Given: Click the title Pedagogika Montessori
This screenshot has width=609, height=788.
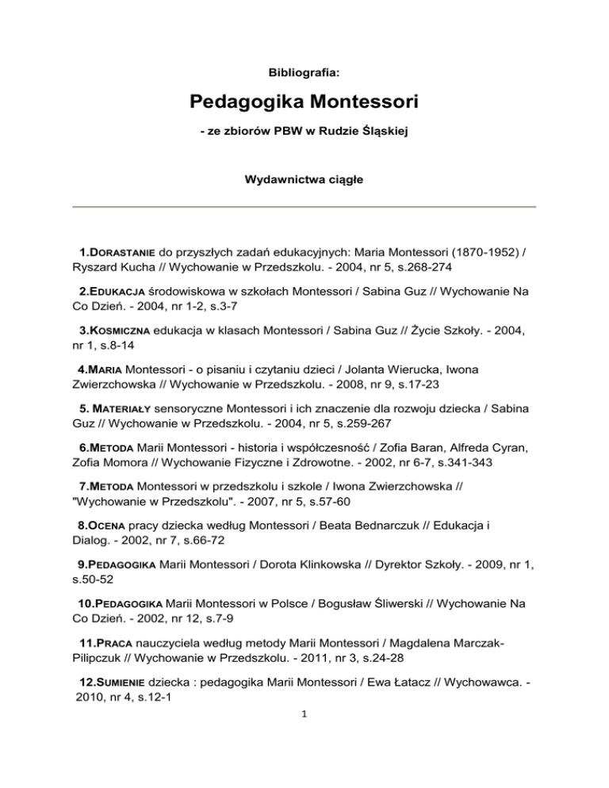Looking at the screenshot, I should coord(304,104).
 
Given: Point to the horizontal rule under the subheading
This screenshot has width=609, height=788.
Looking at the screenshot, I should coord(304,207).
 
